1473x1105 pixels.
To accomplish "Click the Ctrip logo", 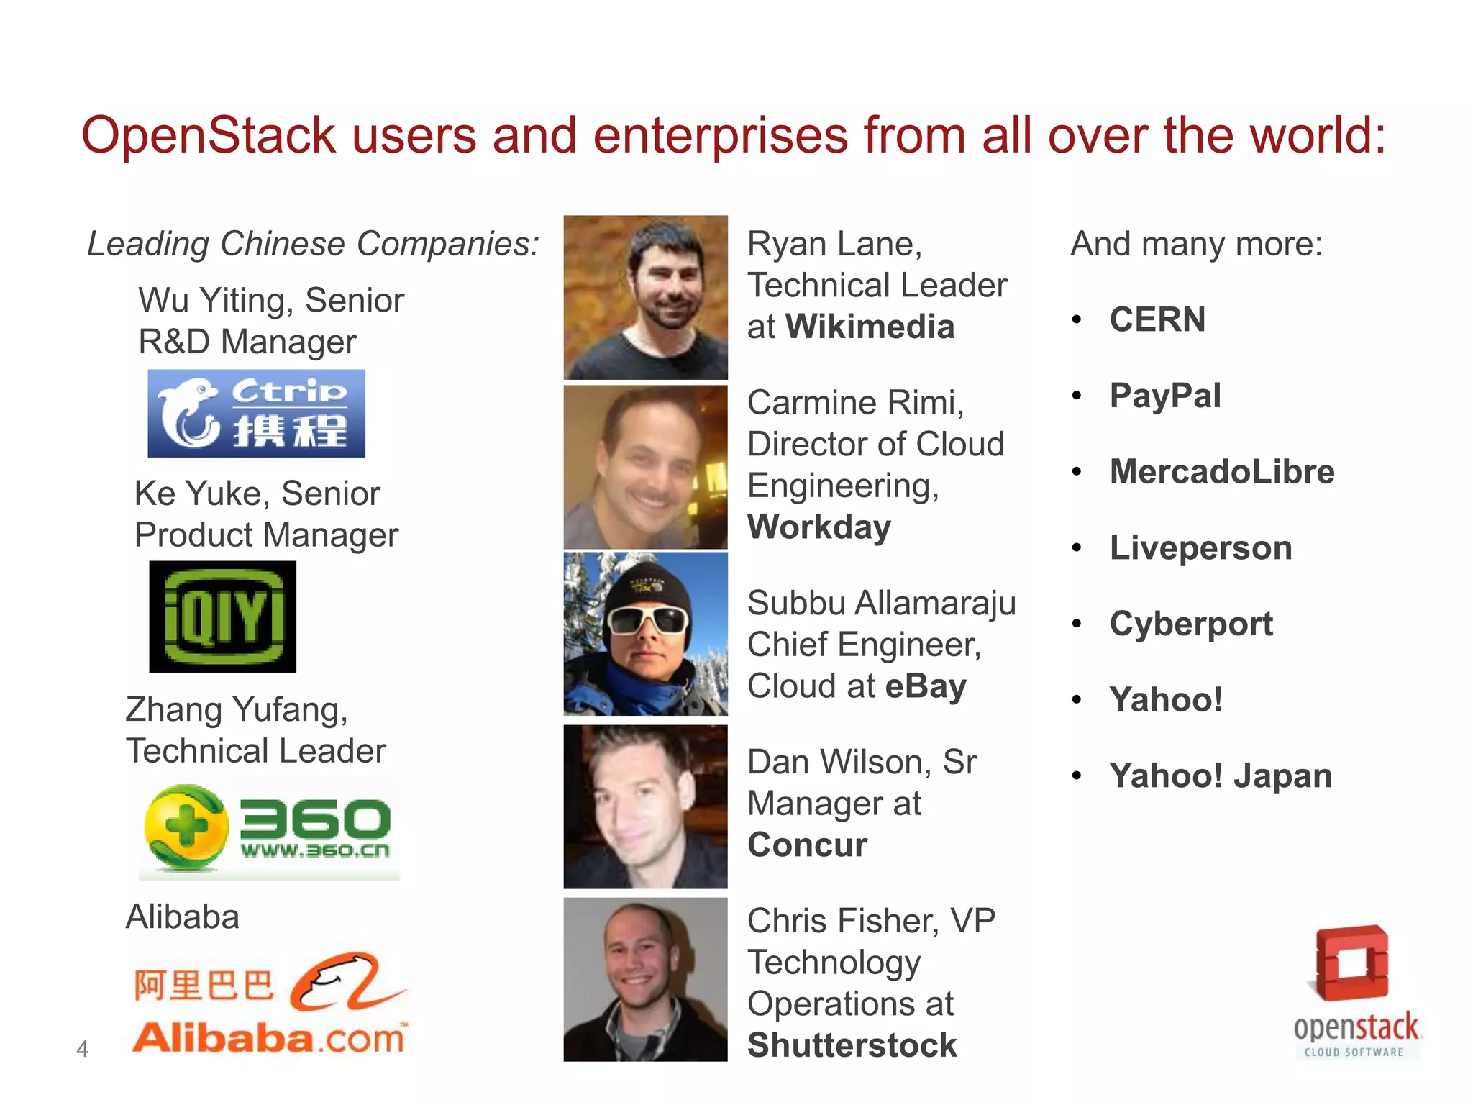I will point(256,414).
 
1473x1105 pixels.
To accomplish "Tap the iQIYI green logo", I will point(222,617).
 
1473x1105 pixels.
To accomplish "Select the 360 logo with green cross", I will point(268,828).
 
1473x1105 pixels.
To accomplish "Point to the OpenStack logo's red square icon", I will point(1351,963).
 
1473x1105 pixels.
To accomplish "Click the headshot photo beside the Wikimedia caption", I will point(645,297).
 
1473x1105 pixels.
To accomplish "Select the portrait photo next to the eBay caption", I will point(645,634).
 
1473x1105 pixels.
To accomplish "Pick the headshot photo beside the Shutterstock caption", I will point(645,979).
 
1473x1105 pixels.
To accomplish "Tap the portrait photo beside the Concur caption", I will point(645,806).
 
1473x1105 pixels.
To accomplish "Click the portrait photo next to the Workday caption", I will point(645,467).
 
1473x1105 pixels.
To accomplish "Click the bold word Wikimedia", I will point(870,327).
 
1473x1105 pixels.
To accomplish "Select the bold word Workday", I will point(819,527).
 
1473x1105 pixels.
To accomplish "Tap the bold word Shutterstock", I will point(852,1045).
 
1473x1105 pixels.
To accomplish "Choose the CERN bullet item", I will point(1157,319).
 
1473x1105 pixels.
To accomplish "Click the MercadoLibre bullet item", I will point(1222,472).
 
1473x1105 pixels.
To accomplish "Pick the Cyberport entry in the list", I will point(1191,624).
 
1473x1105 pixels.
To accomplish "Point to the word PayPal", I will point(1165,396).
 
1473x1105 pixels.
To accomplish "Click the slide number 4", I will point(82,1049).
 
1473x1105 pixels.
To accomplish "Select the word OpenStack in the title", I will point(209,135).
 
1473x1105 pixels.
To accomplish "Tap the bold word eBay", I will point(926,686).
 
